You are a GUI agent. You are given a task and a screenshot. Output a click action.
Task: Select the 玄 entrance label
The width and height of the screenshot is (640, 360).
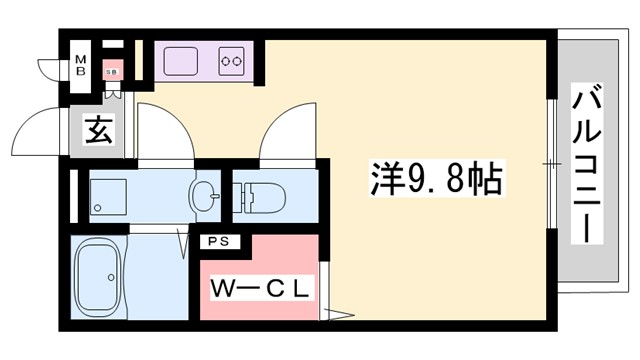[96, 129]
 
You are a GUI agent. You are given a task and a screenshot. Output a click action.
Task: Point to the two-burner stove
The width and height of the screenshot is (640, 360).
[233, 61]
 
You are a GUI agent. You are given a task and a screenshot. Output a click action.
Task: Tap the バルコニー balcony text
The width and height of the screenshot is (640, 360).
[588, 165]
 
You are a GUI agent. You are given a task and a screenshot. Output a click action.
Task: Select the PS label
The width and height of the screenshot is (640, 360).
[217, 242]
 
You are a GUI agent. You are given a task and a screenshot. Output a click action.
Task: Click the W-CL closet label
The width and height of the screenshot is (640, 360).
[262, 288]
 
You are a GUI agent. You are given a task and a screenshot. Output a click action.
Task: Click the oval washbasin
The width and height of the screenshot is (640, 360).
[206, 195]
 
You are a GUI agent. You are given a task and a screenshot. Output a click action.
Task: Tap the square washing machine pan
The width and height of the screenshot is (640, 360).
[107, 194]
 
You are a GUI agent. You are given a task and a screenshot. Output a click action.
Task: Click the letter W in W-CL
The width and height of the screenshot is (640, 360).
[222, 288]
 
